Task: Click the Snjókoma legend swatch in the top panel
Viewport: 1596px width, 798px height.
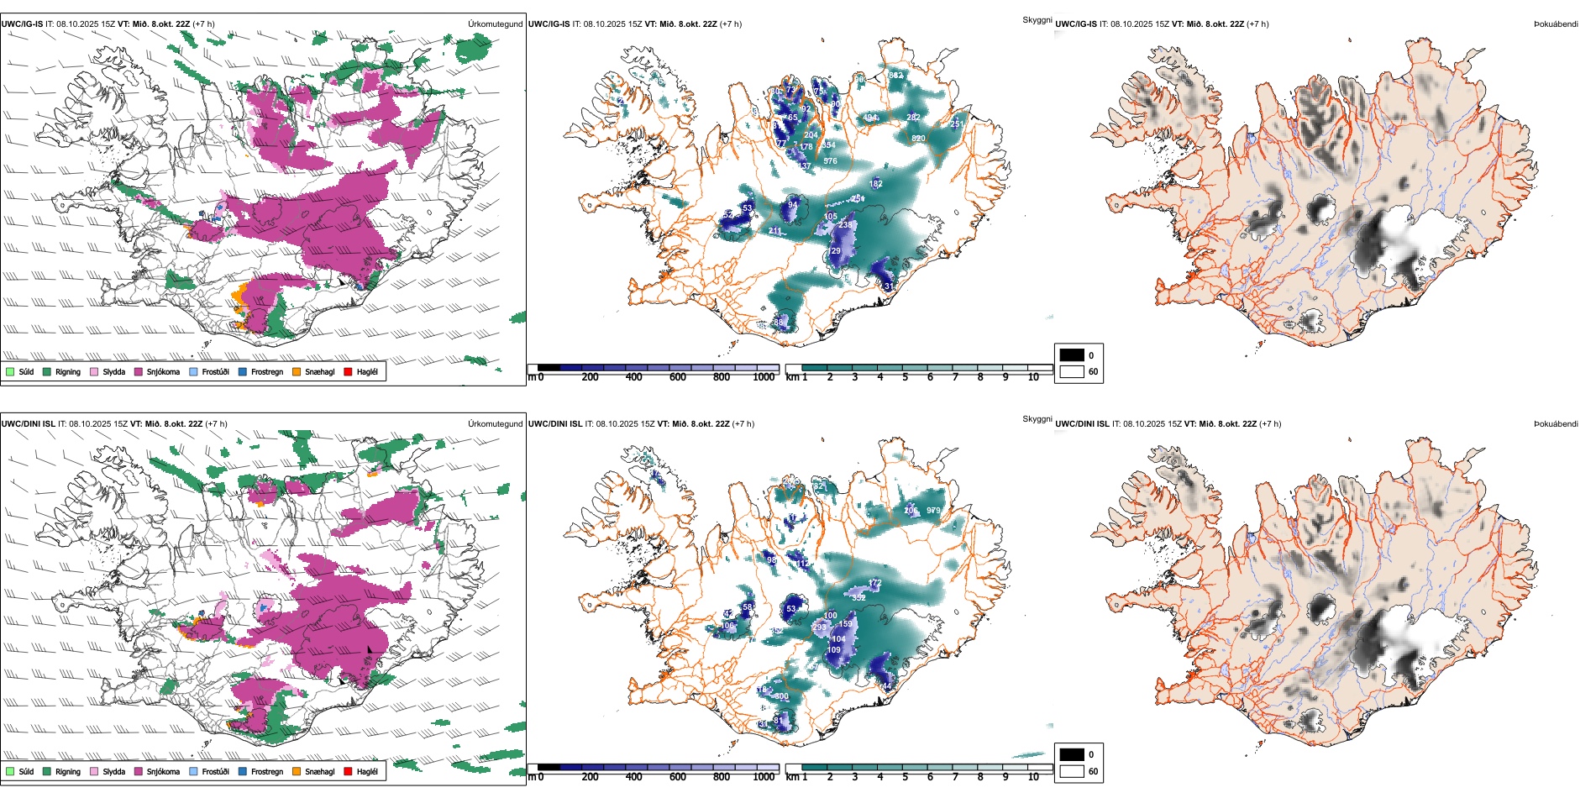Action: (x=139, y=371)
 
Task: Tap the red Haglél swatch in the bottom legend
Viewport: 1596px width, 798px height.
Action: (x=348, y=771)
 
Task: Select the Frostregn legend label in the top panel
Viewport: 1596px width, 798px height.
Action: (x=267, y=371)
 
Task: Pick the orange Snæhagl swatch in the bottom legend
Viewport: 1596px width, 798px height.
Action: (x=297, y=771)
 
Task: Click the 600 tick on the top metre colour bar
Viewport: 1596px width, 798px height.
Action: (x=678, y=377)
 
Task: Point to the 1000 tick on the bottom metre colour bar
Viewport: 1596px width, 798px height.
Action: (x=764, y=777)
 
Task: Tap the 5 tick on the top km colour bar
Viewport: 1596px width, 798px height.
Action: (x=906, y=377)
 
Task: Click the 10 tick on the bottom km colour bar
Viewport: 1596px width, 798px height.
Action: (x=1033, y=777)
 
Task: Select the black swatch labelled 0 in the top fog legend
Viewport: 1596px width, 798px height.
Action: (x=1072, y=355)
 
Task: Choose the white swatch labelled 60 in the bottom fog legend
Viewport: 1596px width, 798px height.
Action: (x=1072, y=771)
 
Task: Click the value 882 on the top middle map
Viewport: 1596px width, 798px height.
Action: (x=896, y=76)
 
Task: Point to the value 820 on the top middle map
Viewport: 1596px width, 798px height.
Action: (x=918, y=139)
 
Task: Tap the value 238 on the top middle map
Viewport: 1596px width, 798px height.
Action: (x=845, y=225)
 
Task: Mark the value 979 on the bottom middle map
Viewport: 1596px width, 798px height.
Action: (x=933, y=511)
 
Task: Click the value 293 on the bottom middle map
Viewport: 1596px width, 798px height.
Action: (x=819, y=627)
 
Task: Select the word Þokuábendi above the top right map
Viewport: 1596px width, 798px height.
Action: (x=1556, y=24)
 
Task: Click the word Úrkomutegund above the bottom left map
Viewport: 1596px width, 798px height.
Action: (x=495, y=424)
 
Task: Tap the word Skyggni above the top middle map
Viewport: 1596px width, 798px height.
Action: (x=1037, y=19)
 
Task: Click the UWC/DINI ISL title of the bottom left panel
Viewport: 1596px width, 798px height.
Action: (x=28, y=424)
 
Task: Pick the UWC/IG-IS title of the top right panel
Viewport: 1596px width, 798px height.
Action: (x=1076, y=24)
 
